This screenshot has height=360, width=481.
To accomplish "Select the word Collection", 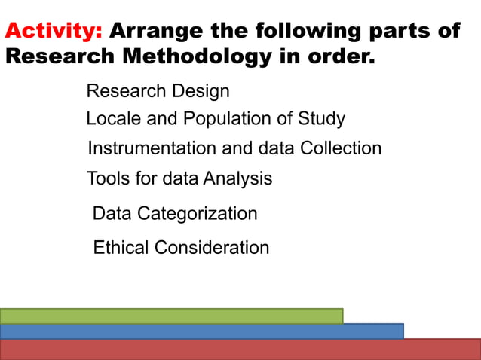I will tap(341, 148).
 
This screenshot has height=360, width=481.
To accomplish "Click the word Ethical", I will tap(120, 247).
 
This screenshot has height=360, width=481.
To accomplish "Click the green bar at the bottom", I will tap(171, 316).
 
